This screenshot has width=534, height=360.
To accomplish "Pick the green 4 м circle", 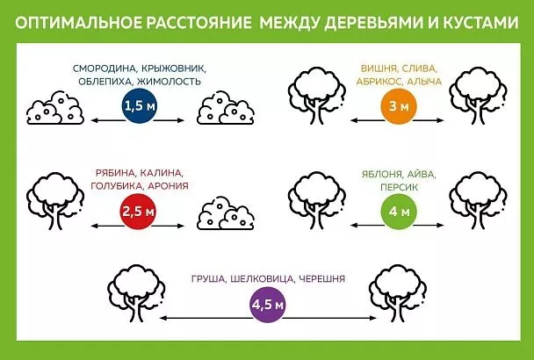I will [x=392, y=212].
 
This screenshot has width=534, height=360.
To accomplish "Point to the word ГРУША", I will [x=209, y=279].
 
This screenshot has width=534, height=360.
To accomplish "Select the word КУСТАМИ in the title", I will [x=478, y=19].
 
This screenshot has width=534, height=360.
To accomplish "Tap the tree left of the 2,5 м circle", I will [x=50, y=201].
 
